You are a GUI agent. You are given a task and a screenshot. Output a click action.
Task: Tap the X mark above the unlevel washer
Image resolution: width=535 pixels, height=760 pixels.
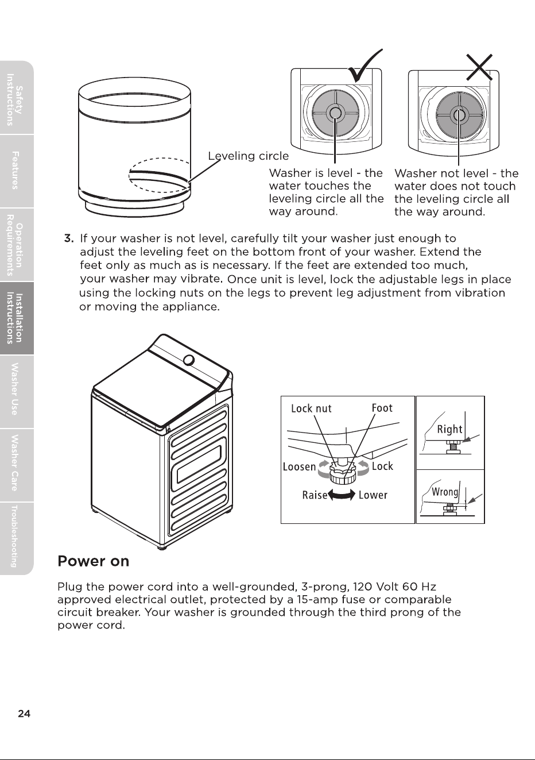pyautogui.click(x=479, y=67)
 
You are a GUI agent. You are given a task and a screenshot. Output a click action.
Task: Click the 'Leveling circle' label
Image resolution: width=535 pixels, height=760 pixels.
pyautogui.click(x=248, y=156)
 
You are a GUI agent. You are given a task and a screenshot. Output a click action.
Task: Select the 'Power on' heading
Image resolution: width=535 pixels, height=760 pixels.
pyautogui.click(x=93, y=561)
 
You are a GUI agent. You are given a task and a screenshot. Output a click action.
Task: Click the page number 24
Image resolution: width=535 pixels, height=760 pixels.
pyautogui.click(x=24, y=714)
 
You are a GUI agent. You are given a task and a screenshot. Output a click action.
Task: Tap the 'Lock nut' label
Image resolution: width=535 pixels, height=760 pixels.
pyautogui.click(x=311, y=408)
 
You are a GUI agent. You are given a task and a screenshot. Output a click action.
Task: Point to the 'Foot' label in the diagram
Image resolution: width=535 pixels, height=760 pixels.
pyautogui.click(x=382, y=408)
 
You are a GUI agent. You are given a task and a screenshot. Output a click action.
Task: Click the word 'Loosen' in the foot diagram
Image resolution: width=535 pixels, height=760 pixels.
pyautogui.click(x=300, y=467)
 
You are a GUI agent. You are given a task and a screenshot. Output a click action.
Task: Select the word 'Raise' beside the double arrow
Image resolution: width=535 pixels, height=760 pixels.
pyautogui.click(x=315, y=495)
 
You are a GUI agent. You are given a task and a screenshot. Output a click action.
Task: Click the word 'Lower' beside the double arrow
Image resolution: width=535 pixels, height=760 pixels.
pyautogui.click(x=373, y=495)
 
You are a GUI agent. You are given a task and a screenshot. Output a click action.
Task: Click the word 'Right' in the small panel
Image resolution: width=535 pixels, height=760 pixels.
pyautogui.click(x=449, y=430)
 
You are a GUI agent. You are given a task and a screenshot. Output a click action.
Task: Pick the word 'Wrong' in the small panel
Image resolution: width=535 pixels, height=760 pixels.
pyautogui.click(x=445, y=492)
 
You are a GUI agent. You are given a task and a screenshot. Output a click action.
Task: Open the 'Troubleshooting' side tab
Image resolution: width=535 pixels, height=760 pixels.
pyautogui.click(x=15, y=538)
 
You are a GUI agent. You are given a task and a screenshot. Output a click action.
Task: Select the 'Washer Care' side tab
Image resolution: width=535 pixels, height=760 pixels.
pyautogui.click(x=15, y=465)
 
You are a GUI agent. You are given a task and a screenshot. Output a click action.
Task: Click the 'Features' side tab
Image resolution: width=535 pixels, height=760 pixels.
pyautogui.click(x=15, y=171)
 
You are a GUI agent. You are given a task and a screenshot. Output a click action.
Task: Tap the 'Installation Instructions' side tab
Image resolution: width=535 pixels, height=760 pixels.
pyautogui.click(x=15, y=318)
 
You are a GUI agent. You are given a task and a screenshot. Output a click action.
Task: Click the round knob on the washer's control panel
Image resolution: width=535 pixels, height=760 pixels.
pyautogui.click(x=189, y=360)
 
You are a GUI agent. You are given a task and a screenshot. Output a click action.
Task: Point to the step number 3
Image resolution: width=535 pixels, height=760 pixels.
pyautogui.click(x=69, y=238)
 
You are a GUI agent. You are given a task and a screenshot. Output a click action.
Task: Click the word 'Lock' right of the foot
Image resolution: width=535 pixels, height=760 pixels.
pyautogui.click(x=382, y=466)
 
